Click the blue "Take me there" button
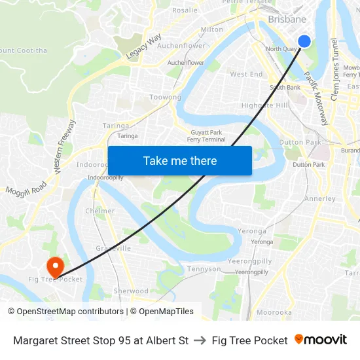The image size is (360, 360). (180, 160)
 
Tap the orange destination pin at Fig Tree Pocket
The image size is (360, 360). (55, 266)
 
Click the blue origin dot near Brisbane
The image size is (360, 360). (304, 41)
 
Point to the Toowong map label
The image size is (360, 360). (166, 98)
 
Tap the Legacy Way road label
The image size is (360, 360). (144, 47)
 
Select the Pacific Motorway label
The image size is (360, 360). (316, 98)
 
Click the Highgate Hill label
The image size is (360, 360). (265, 105)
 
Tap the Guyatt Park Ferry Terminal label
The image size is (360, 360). (206, 135)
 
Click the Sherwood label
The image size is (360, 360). (132, 291)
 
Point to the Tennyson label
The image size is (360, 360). (204, 268)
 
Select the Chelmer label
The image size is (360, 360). (100, 211)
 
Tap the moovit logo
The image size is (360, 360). (321, 340)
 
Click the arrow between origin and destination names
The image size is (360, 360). (200, 340)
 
